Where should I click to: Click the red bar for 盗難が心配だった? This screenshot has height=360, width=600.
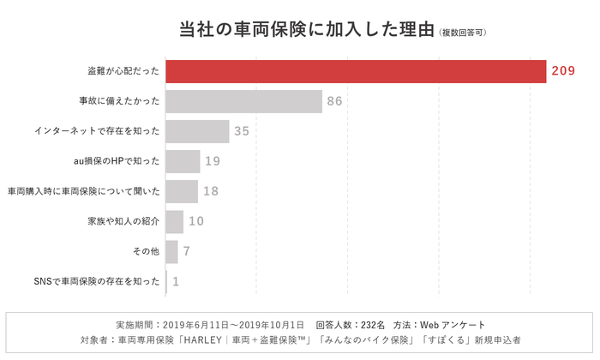click(x=356, y=71)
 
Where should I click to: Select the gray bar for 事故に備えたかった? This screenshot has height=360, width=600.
click(x=243, y=101)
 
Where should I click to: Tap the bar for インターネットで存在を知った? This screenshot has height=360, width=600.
click(x=197, y=131)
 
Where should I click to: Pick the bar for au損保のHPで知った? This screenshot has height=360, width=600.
click(x=183, y=161)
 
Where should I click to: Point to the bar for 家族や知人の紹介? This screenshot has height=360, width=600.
click(x=174, y=221)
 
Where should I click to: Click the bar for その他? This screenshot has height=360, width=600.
click(x=171, y=251)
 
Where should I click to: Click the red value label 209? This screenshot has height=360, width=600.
click(x=563, y=71)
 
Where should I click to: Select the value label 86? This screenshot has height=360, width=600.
click(x=335, y=101)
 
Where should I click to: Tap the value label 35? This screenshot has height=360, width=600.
click(x=242, y=131)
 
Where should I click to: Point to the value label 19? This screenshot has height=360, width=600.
click(x=213, y=161)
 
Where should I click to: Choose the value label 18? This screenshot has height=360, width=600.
click(x=211, y=191)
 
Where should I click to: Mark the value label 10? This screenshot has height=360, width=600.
click(x=196, y=221)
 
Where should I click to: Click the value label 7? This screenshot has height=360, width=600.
click(x=186, y=251)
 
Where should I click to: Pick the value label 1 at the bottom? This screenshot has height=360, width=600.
click(x=176, y=281)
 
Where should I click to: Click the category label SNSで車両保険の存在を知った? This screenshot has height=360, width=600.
click(x=96, y=281)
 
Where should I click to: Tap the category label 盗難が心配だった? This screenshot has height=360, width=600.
click(x=123, y=71)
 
